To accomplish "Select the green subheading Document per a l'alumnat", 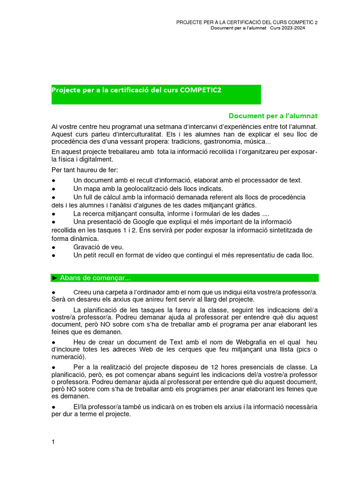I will point(273,116).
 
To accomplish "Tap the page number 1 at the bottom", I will point(53,442).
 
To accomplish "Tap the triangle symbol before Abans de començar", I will point(55,278).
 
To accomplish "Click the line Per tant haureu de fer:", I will point(85,169).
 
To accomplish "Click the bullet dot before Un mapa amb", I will point(53,189).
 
